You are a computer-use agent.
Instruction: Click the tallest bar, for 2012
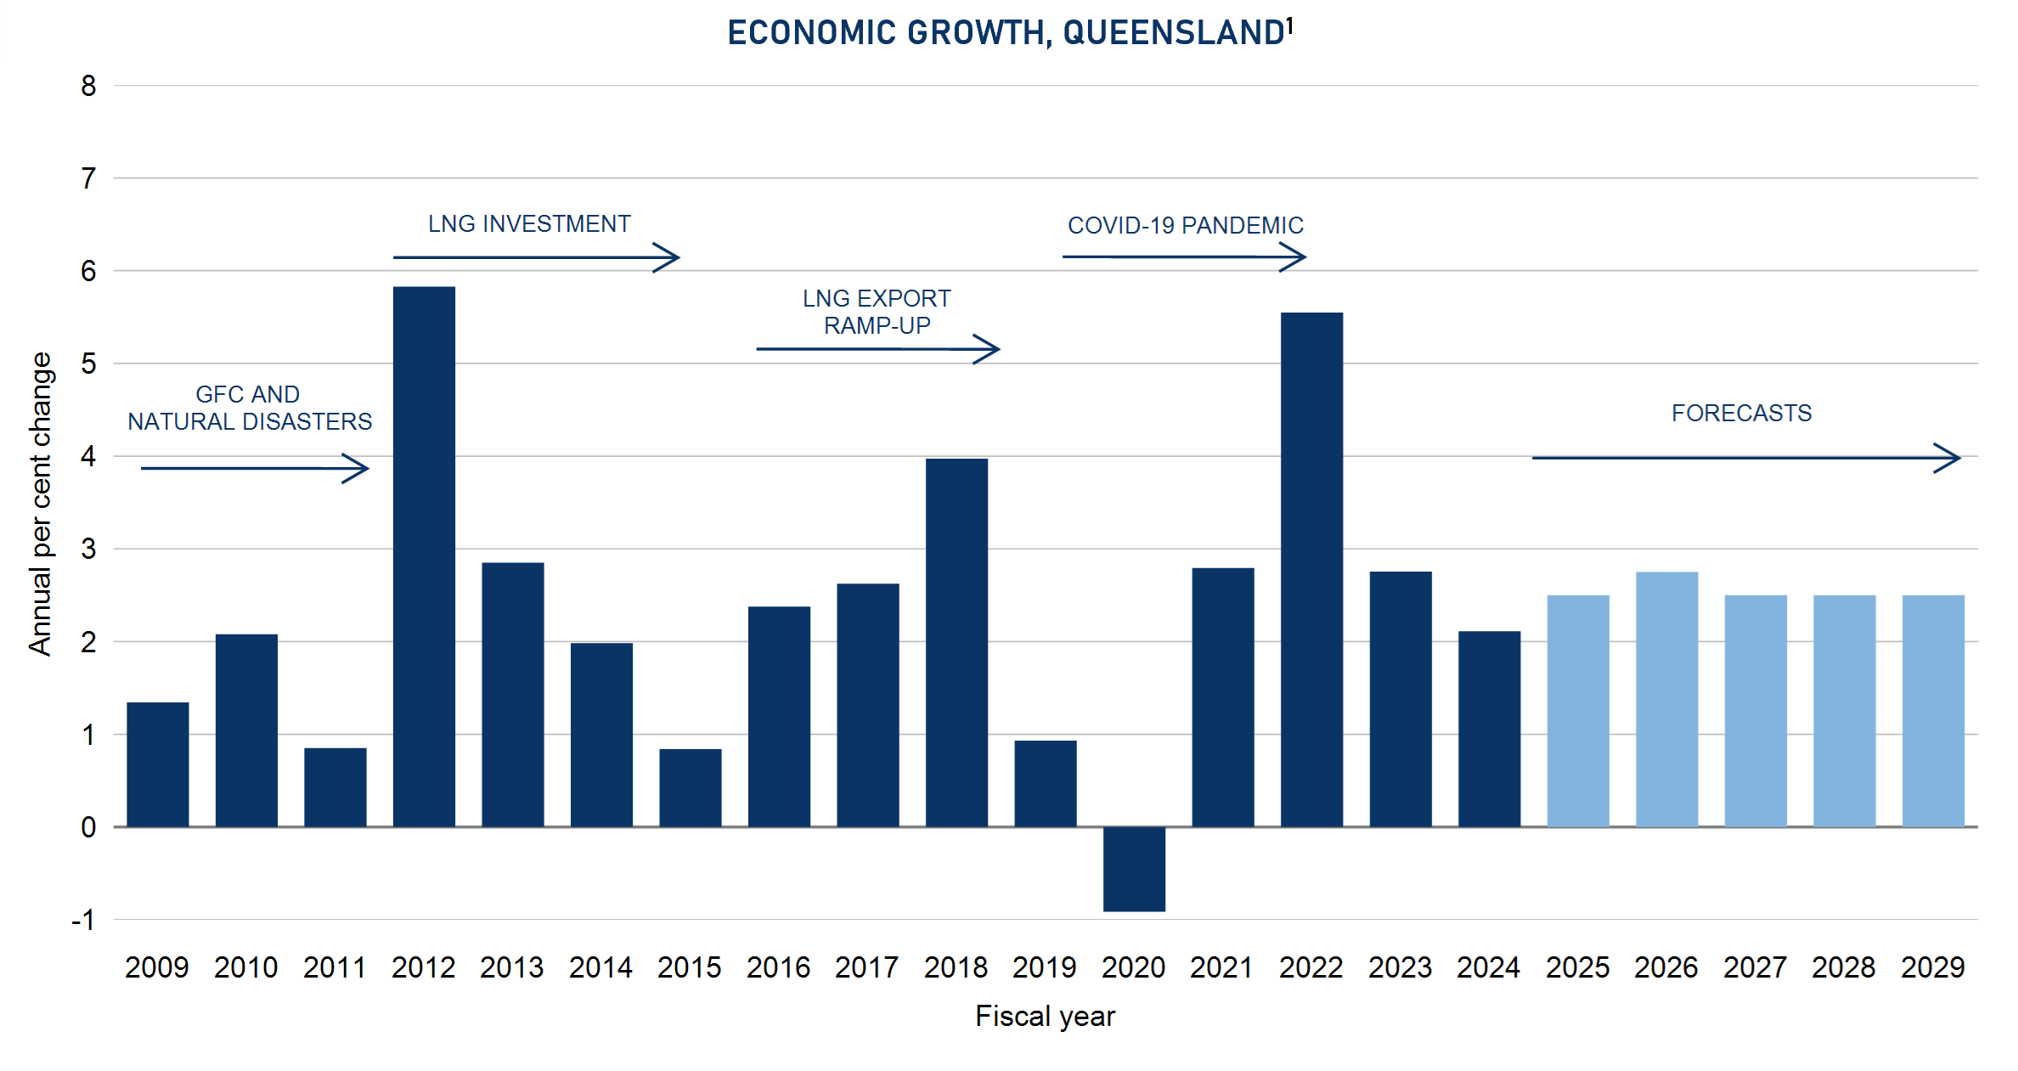[424, 556]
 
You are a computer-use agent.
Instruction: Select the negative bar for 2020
[1134, 869]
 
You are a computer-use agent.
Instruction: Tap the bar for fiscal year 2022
[1311, 569]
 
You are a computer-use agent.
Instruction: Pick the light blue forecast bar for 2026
[1666, 699]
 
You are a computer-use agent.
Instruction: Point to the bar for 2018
[956, 642]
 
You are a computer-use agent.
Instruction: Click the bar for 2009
[158, 764]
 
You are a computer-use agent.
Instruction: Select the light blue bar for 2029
[1933, 711]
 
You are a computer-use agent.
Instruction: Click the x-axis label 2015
[689, 967]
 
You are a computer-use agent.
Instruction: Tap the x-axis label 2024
[1488, 967]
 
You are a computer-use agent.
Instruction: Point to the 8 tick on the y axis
[88, 86]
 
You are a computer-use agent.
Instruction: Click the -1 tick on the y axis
[84, 920]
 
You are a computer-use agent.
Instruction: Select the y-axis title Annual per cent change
[40, 504]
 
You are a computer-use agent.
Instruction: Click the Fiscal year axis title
[1045, 1016]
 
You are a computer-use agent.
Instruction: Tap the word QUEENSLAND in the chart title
[1172, 33]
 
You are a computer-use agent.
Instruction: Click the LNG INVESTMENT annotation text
[529, 224]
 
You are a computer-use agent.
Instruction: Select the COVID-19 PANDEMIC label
[1185, 226]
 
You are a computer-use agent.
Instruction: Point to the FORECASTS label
[1741, 414]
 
